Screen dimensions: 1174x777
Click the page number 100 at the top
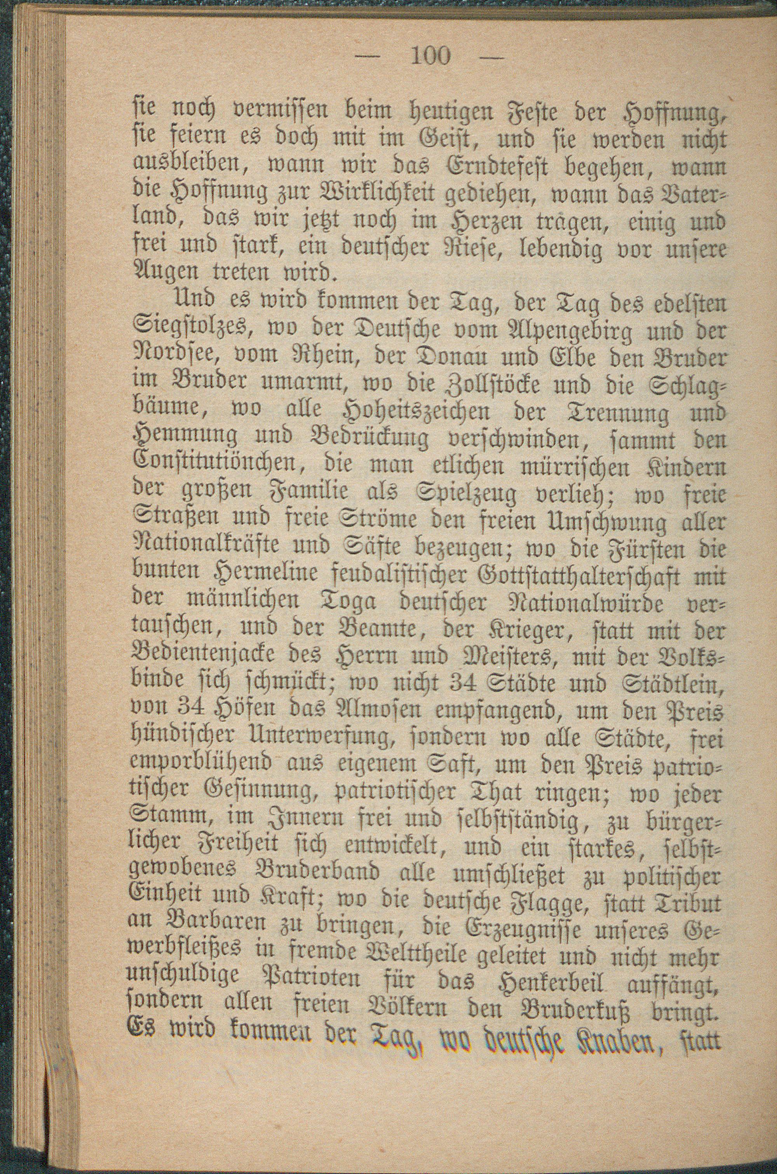pyautogui.click(x=430, y=56)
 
